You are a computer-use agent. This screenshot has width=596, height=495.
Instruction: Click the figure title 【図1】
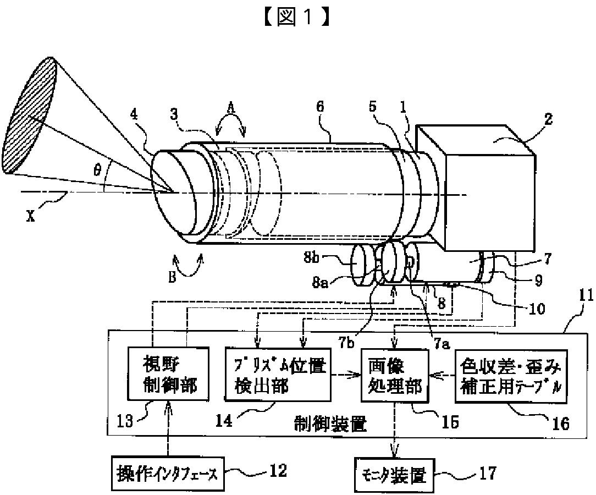[297, 18]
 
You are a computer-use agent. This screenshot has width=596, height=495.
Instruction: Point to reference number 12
[277, 470]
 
